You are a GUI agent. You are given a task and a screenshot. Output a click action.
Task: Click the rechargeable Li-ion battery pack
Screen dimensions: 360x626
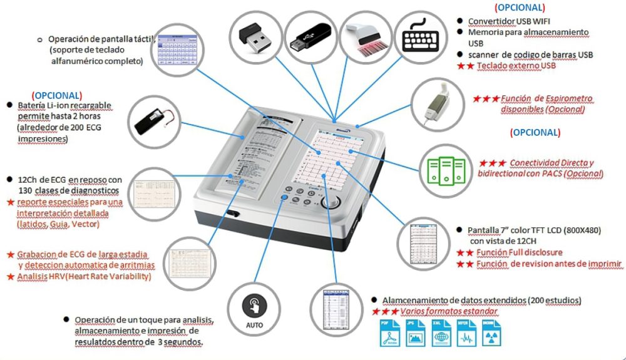pyautogui.click(x=154, y=118)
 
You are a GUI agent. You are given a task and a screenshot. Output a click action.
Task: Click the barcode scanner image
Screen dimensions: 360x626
pyautogui.click(x=365, y=36)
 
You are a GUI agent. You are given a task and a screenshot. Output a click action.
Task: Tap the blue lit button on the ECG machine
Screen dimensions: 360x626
pyautogui.click(x=284, y=198)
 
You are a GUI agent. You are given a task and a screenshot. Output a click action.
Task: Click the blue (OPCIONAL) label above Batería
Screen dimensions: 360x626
pyautogui.click(x=56, y=95)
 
